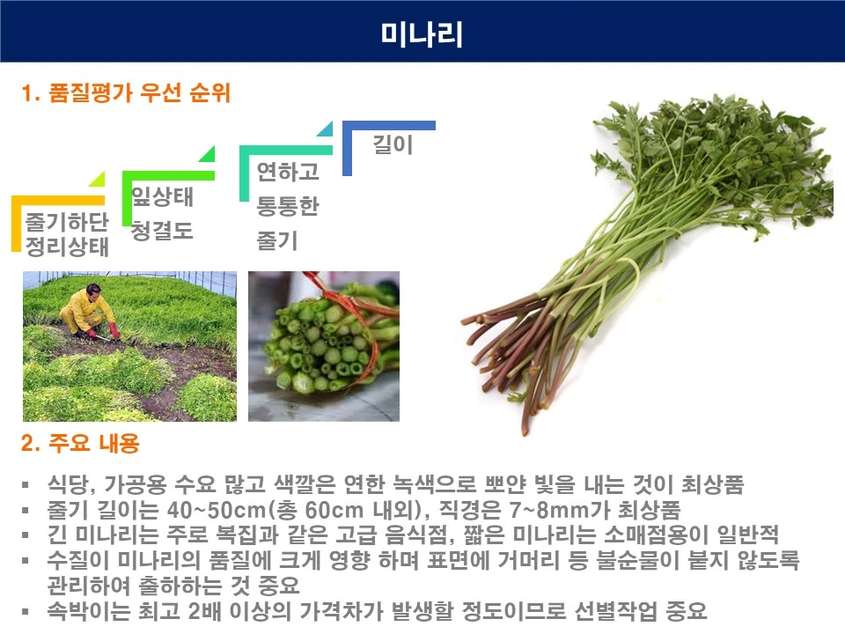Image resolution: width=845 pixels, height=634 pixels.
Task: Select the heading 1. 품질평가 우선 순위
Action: tap(125, 93)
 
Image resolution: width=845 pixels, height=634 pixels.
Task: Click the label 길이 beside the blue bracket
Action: tap(393, 144)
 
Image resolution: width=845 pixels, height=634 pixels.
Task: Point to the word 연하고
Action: tap(287, 171)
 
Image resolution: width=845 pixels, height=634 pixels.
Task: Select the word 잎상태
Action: tap(162, 197)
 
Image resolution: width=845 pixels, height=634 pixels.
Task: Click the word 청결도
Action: tap(162, 232)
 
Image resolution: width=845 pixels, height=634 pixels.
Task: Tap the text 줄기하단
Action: tap(67, 219)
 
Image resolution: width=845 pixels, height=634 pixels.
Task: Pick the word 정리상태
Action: tap(67, 246)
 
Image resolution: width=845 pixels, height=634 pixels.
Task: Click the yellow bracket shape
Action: tap(18, 220)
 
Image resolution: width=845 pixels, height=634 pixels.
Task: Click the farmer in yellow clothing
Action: tap(84, 310)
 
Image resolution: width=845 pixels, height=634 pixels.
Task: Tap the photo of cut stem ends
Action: tap(323, 345)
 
